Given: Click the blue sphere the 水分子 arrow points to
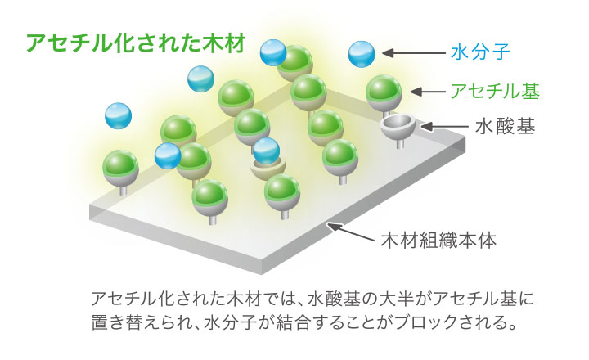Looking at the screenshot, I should (362, 54).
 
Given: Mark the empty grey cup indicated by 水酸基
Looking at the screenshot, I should (398, 126).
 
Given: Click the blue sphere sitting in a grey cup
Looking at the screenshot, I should (266, 151).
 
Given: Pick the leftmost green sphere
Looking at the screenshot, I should (120, 166).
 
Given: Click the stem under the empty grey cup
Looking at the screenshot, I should (400, 144).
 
